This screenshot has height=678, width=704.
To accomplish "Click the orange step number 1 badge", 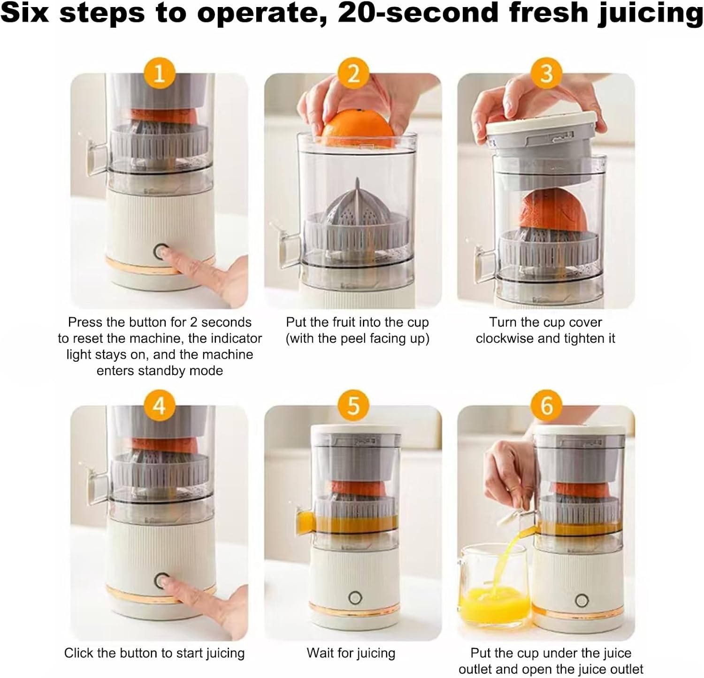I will tap(160, 74).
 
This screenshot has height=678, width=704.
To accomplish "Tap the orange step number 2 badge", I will tap(353, 74).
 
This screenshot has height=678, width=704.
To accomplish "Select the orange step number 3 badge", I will tap(546, 74).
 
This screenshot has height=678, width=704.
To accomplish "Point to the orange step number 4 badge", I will tap(160, 404).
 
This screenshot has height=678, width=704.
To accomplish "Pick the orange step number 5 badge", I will tap(353, 404).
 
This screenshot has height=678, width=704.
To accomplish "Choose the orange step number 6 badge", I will tap(546, 404).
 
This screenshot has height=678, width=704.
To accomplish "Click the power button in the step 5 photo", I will tap(355, 598).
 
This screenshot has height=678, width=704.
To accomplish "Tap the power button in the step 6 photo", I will tap(582, 601).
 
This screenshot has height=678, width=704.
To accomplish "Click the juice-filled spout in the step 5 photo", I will tap(304, 521).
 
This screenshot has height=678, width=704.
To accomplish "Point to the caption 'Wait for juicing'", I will tap(351, 653).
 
